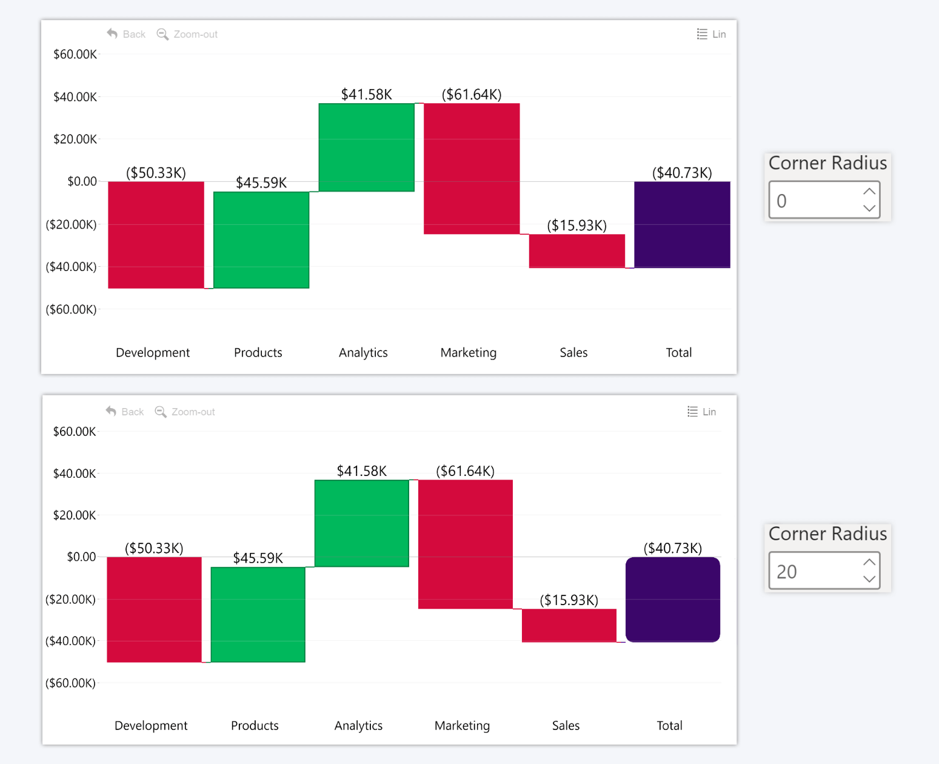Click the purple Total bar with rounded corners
tap(672, 599)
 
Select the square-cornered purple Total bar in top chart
tap(682, 224)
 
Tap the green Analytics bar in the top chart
tap(366, 147)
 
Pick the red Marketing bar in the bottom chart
tap(465, 544)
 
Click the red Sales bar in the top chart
tap(576, 250)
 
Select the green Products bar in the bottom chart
tap(258, 614)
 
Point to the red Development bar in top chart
tap(156, 235)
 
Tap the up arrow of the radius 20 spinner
tap(869, 562)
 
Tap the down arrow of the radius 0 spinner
tap(869, 208)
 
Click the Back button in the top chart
tap(126, 34)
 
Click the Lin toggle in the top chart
tap(712, 34)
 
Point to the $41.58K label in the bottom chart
tap(361, 471)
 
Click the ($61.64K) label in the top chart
tap(471, 95)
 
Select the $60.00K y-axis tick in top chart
tap(75, 55)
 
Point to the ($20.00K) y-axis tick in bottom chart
tap(71, 599)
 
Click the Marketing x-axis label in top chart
tap(468, 352)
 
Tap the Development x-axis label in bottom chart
tap(151, 725)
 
